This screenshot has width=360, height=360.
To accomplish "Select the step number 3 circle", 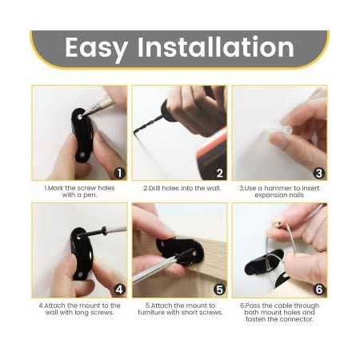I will tap(318, 172).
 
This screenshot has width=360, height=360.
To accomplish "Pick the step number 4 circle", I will tap(119, 290).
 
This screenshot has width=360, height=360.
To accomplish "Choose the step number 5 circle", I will tap(219, 290).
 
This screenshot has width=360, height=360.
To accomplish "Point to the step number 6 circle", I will tap(318, 290).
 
